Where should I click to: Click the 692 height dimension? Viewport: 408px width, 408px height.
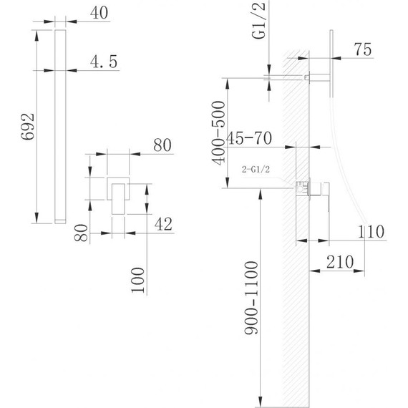pos(28,127)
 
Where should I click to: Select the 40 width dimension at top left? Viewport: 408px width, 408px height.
pos(99,12)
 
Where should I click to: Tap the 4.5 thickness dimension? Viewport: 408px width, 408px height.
pos(104,62)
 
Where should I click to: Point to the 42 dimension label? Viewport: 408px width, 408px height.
pos(163,224)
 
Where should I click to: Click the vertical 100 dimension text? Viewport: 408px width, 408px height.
pos(138,281)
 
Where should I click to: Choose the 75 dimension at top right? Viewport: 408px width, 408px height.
pos(363,49)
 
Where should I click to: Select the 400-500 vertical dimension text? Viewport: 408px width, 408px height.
pos(218,133)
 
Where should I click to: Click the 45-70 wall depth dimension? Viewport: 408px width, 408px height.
pos(249,138)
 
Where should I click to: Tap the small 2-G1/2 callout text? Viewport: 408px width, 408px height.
pos(256,170)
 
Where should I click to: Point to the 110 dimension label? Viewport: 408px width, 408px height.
pos(371,231)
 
